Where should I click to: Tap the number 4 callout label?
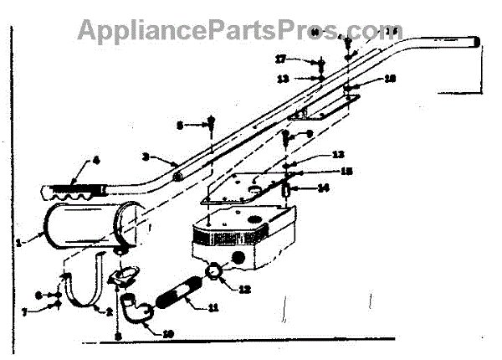click(x=95, y=158)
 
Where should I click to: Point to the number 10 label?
click(x=169, y=334)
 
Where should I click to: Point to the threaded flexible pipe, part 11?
click(x=177, y=292)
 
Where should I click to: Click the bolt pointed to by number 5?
click(x=212, y=126)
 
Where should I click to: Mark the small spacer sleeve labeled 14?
click(x=287, y=191)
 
